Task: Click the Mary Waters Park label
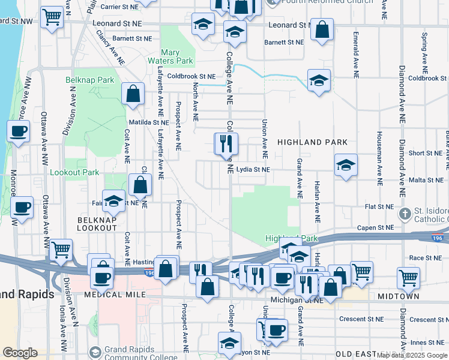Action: pyautogui.click(x=171, y=56)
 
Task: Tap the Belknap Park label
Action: pyautogui.click(x=89, y=80)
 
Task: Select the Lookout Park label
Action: pyautogui.click(x=74, y=172)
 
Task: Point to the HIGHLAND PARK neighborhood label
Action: pyautogui.click(x=312, y=142)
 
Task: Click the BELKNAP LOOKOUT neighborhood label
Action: pyautogui.click(x=96, y=224)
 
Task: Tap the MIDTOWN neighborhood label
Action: pyautogui.click(x=398, y=296)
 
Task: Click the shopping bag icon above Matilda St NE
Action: pyautogui.click(x=132, y=94)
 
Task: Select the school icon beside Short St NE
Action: pyautogui.click(x=346, y=165)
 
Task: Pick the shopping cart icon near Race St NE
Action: pyautogui.click(x=408, y=277)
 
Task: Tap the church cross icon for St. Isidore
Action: pyautogui.click(x=405, y=213)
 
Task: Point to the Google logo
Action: pyautogui.click(x=20, y=353)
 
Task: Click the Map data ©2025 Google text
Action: pyautogui.click(x=411, y=355)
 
